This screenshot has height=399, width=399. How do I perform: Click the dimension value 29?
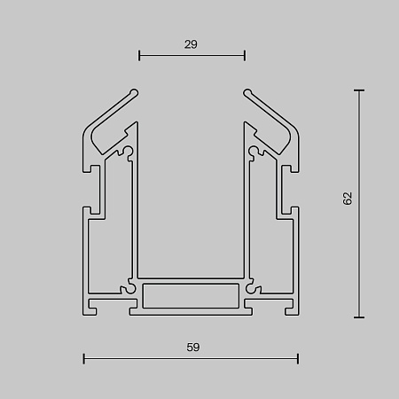click(x=191, y=44)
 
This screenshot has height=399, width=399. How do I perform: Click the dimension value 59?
click(x=193, y=347)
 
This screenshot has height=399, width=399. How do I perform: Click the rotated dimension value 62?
click(x=348, y=199)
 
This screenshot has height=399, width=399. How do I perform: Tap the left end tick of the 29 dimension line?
click(x=139, y=55)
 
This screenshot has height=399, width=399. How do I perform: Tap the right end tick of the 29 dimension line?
click(x=245, y=55)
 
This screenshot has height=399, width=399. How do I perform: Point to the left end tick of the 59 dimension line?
click(x=84, y=358)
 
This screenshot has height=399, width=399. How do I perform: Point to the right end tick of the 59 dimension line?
click(x=298, y=358)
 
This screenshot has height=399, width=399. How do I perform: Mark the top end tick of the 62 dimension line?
click(x=359, y=90)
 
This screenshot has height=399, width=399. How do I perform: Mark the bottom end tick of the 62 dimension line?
click(x=359, y=317)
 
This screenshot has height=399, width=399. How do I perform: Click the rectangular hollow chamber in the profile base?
click(x=191, y=296)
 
